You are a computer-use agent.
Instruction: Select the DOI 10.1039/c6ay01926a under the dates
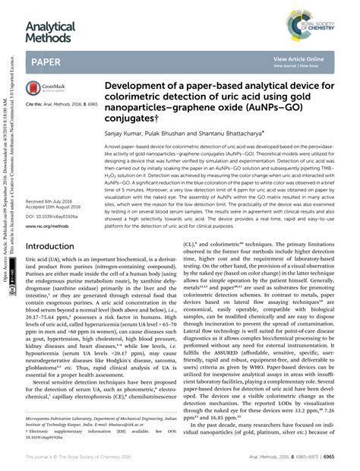[52, 215]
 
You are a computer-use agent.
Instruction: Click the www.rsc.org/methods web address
[50, 226]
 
